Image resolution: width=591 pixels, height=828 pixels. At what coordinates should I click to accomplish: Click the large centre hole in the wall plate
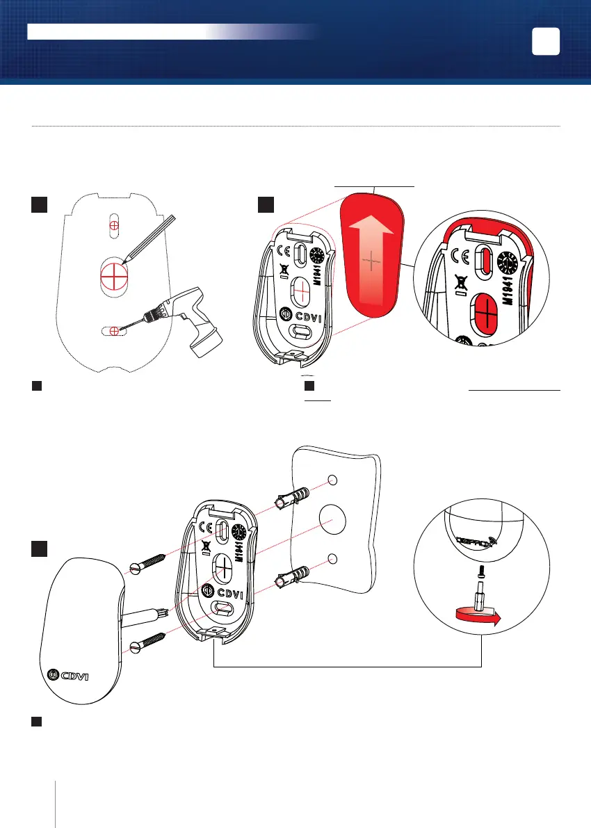(333, 519)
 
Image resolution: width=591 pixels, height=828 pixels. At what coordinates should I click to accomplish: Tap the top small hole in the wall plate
(332, 480)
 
